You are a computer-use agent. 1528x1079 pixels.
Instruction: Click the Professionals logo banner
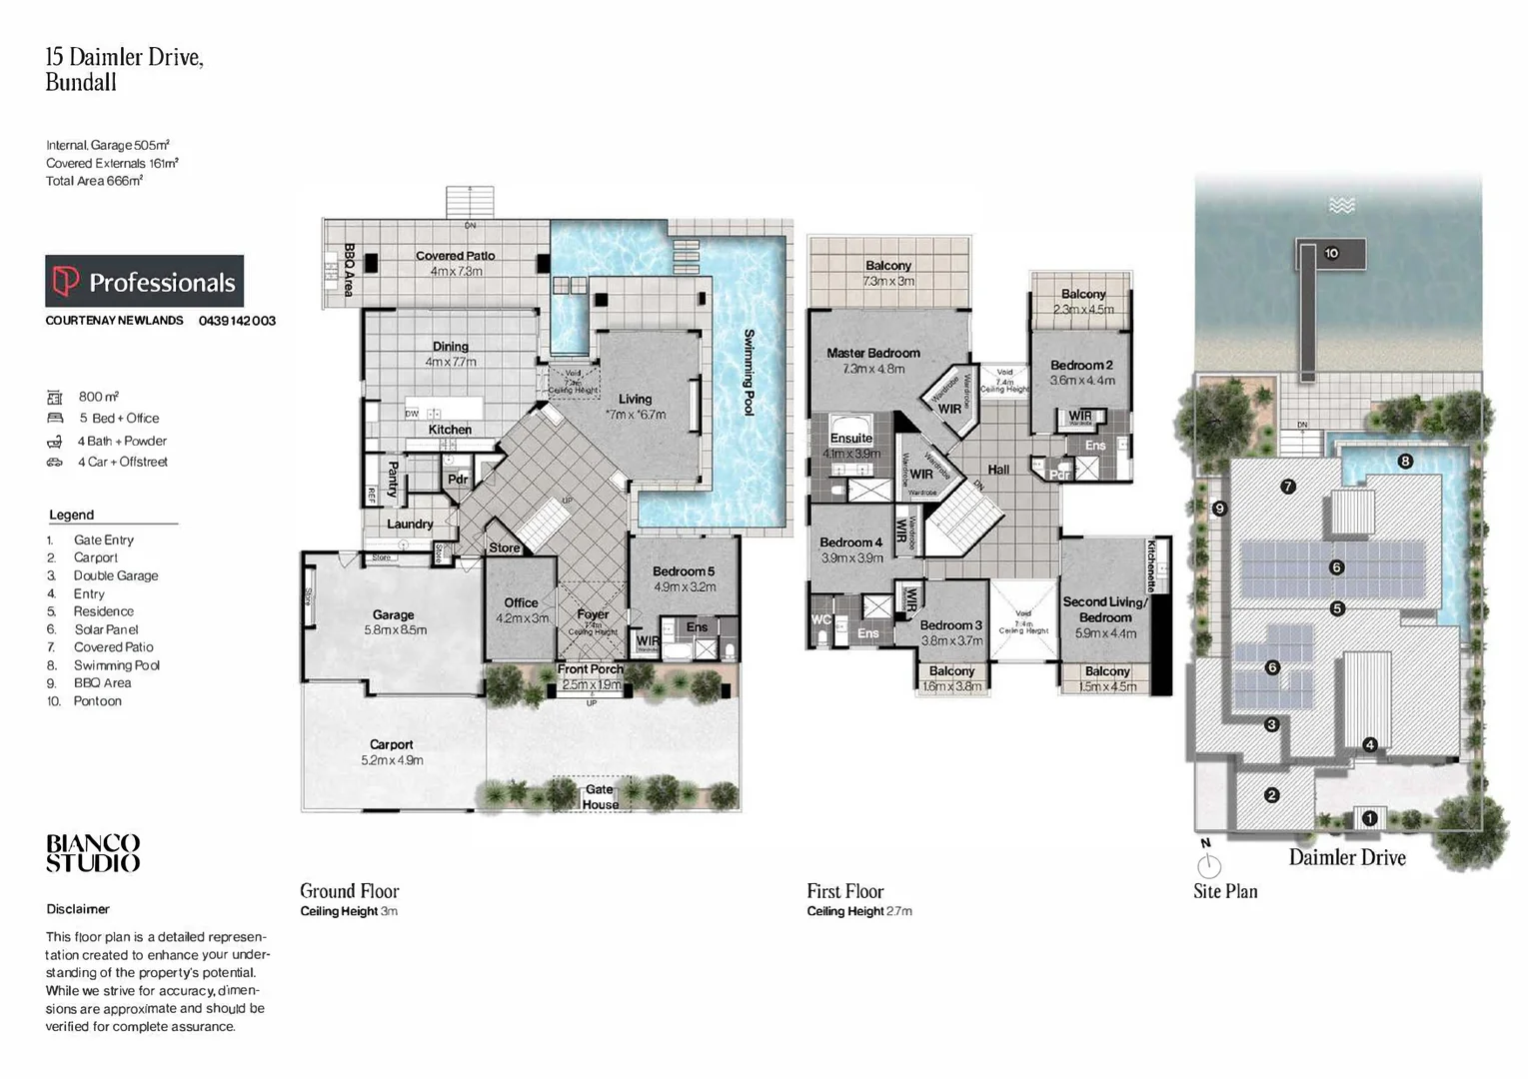tap(145, 282)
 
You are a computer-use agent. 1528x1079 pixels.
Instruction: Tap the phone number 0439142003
tap(237, 321)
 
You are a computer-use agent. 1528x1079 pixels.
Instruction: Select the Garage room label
tap(394, 615)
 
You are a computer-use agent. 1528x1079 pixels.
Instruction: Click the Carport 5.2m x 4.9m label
tap(392, 751)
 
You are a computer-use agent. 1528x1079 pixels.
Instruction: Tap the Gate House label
tap(600, 796)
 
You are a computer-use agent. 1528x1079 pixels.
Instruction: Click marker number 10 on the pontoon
tap(1331, 254)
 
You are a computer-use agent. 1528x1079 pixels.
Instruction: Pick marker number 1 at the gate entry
tap(1370, 818)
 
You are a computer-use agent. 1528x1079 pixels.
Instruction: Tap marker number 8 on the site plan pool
tap(1405, 462)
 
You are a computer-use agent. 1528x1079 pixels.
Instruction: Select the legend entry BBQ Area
tap(102, 683)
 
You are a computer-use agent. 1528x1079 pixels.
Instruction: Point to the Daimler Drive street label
tap(1346, 857)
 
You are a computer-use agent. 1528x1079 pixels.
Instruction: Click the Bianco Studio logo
tap(93, 853)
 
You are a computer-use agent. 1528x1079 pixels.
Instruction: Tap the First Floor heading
tap(845, 891)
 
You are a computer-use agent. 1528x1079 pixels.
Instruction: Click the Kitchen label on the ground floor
tap(450, 430)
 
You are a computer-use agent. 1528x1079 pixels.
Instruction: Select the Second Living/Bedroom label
tap(1105, 609)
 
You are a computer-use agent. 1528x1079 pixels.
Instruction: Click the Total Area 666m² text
tap(94, 181)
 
